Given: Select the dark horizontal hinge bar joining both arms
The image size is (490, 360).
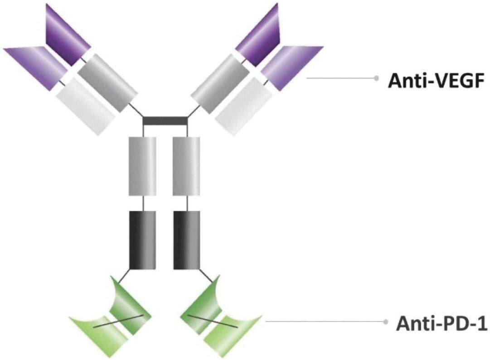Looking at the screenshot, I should [165, 121].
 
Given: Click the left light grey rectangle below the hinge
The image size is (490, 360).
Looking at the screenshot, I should [142, 166].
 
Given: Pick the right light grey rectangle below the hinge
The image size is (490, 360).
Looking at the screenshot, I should [186, 166].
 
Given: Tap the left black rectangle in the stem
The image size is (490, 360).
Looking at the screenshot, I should [142, 240].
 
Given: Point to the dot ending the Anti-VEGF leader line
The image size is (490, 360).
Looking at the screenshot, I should [376, 78].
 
